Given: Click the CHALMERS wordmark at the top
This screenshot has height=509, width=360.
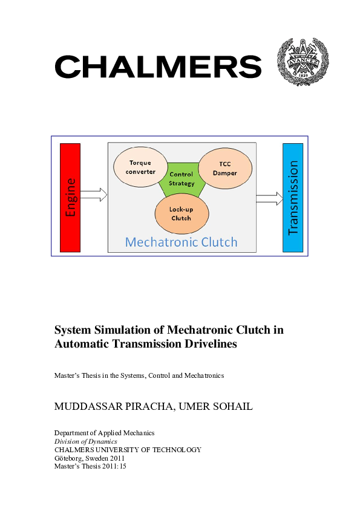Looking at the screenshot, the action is (x=158, y=66).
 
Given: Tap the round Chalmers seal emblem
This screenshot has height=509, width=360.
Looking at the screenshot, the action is (x=302, y=62).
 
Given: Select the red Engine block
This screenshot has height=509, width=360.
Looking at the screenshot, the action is (x=70, y=197).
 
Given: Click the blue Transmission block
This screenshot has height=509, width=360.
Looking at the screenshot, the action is (x=293, y=197).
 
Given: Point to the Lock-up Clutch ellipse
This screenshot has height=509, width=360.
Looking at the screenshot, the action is (x=182, y=213).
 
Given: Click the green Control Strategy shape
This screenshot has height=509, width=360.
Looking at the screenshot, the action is (x=182, y=180).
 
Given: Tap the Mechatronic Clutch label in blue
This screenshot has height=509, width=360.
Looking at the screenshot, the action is (x=181, y=242).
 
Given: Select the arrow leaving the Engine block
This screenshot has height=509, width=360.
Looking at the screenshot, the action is (x=94, y=195).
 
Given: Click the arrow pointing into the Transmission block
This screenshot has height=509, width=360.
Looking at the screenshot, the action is (x=269, y=198).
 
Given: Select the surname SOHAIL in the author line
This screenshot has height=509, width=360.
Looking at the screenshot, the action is (x=230, y=406).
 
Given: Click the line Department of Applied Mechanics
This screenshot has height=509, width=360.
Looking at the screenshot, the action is (x=104, y=433).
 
